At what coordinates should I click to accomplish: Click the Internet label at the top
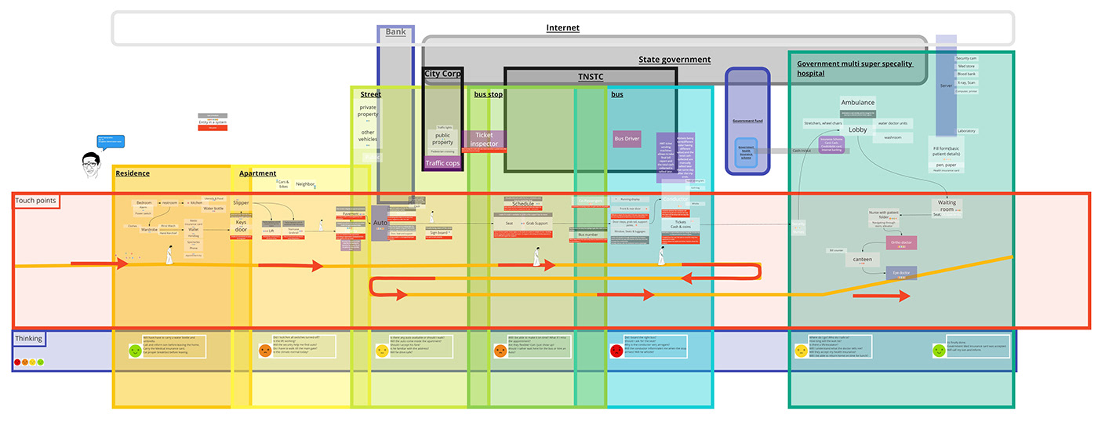pos(562,28)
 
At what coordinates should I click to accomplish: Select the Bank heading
pos(395,32)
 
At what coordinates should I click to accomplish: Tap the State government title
pos(674,60)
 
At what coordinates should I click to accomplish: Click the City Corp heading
pos(442,75)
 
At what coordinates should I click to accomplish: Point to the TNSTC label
pos(591,77)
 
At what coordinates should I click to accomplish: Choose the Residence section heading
pos(133,173)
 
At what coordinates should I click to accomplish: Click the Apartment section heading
pos(257,173)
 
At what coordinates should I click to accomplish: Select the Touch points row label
pos(36,202)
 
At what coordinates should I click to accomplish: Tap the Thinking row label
pos(29,338)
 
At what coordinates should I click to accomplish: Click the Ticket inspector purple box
pos(484,140)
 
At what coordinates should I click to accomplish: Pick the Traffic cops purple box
pos(442,163)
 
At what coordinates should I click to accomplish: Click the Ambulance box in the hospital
pos(857,103)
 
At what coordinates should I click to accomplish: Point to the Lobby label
pos(857,130)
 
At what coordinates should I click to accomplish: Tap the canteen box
pos(862,260)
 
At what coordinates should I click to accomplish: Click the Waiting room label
pos(947,206)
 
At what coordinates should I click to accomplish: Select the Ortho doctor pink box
pos(901,243)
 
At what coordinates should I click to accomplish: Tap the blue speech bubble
pos(110,142)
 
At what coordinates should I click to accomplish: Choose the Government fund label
pos(747,122)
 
